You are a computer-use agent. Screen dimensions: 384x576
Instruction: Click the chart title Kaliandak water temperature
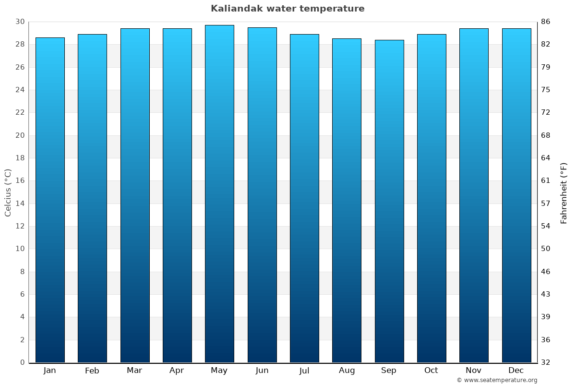pos(288,9)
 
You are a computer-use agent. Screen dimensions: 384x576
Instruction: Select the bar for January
pos(50,200)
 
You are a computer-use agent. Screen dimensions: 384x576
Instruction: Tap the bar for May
pos(219,193)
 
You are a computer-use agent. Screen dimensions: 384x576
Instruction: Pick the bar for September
pos(389,201)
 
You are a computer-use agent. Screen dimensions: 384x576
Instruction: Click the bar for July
pos(304,198)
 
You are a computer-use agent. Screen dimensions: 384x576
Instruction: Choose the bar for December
pos(516,195)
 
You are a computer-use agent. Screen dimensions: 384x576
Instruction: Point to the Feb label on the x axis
pos(92,371)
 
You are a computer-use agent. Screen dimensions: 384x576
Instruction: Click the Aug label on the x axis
pos(347,371)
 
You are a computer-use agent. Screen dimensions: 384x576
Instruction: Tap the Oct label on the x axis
pos(431,371)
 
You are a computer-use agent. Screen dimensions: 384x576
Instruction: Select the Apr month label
pos(177,371)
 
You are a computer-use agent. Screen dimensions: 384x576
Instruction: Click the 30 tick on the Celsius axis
pos(20,22)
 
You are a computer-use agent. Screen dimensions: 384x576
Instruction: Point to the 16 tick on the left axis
pos(20,180)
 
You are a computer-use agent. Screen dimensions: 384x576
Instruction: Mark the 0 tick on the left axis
pos(22,362)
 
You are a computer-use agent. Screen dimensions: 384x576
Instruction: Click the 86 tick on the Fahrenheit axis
pos(546,22)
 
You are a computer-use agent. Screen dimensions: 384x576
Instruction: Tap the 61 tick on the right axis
pos(546,180)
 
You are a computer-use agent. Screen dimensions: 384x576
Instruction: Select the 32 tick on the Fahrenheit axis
pos(546,362)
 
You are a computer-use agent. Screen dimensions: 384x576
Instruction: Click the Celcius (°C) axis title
pos(8,192)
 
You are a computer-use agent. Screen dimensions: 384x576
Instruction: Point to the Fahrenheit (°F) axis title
pos(564,192)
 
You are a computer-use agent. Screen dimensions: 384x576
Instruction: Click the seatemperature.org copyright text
pos(497,380)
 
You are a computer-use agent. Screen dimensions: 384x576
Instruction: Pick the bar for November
pos(474,195)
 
